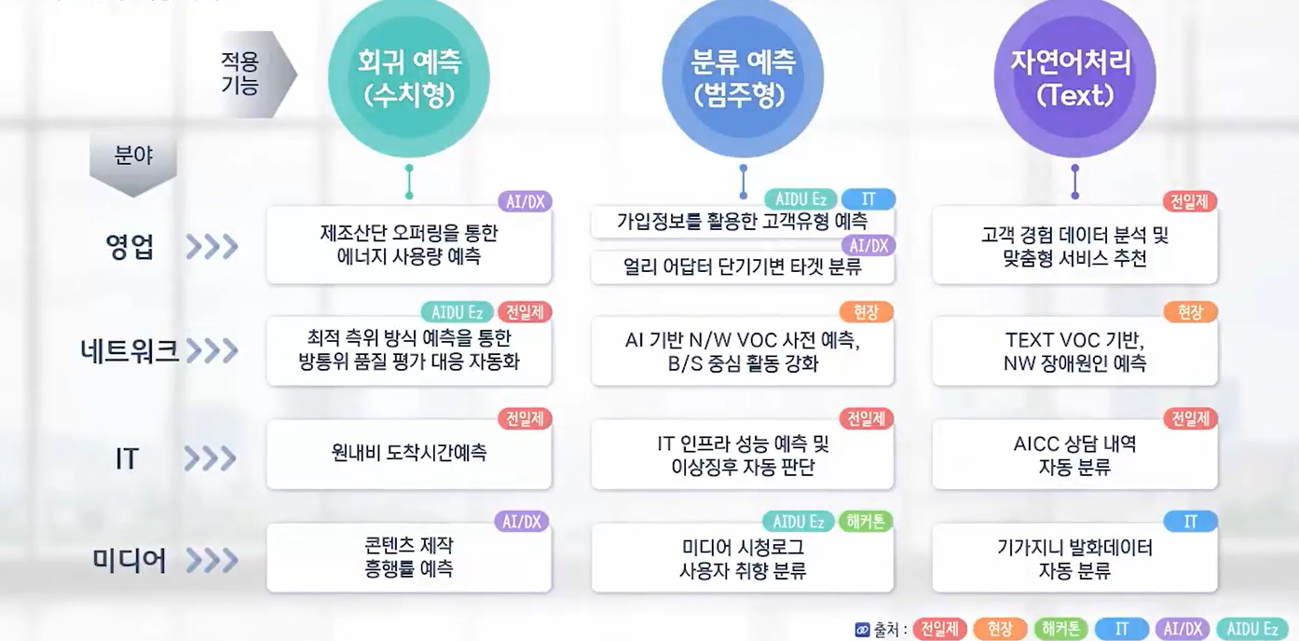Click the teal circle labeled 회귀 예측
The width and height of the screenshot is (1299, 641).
tap(409, 77)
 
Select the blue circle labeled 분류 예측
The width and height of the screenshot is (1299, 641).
tap(743, 77)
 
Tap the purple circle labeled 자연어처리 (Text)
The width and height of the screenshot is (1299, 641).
tap(1074, 77)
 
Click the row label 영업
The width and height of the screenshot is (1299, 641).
tap(130, 247)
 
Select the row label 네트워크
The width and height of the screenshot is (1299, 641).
tap(129, 350)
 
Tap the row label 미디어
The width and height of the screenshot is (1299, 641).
tap(130, 561)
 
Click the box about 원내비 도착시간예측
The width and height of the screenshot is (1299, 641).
tap(409, 453)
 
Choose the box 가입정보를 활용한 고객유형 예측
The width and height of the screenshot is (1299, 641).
tap(743, 222)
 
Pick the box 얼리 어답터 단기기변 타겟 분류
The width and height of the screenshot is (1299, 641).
tap(743, 266)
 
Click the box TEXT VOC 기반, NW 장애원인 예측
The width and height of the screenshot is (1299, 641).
tap(1074, 350)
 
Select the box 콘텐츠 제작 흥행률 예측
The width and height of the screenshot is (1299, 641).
tap(409, 557)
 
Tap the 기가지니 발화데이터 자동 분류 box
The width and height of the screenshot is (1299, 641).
tap(1074, 557)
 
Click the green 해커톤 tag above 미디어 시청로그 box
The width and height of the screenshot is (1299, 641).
tap(866, 522)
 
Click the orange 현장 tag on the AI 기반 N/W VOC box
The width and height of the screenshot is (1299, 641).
tap(866, 312)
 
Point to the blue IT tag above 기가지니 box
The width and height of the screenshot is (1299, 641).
tap(1190, 522)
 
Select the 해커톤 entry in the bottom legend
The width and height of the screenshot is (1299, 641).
tap(1060, 629)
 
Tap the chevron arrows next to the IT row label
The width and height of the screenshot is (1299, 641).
tap(211, 458)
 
